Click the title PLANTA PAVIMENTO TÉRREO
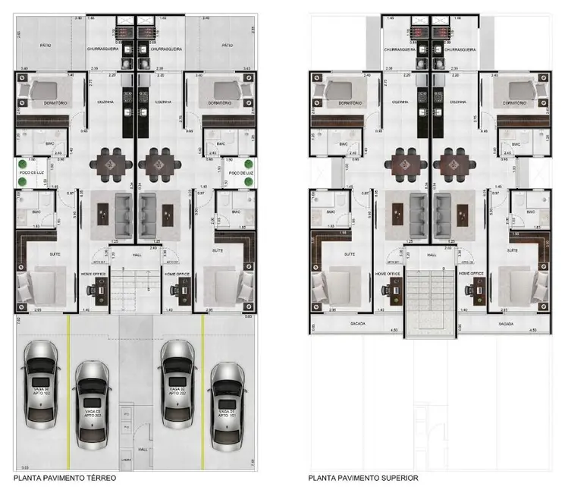[64, 479]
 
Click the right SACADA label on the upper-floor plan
[507, 324]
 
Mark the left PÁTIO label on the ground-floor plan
[45, 46]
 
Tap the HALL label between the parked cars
[144, 448]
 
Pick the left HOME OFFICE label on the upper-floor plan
[386, 272]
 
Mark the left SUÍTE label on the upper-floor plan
[350, 254]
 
